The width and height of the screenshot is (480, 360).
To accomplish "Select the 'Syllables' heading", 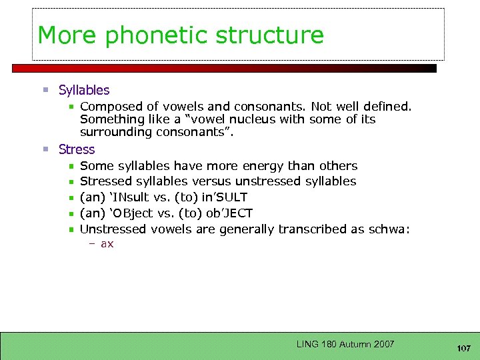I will pos(84,90).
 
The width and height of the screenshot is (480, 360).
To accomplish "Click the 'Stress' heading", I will pos(77,149).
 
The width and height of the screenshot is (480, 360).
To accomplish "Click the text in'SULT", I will pos(224,197).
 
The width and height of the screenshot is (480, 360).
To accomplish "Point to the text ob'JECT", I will pos(229,213).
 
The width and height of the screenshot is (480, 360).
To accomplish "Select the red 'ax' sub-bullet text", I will pos(107,244).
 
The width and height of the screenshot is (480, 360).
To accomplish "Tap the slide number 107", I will pos(464,349).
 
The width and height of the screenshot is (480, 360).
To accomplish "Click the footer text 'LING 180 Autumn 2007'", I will pos(345,344).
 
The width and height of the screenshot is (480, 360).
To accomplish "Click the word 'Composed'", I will pos(108,107).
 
